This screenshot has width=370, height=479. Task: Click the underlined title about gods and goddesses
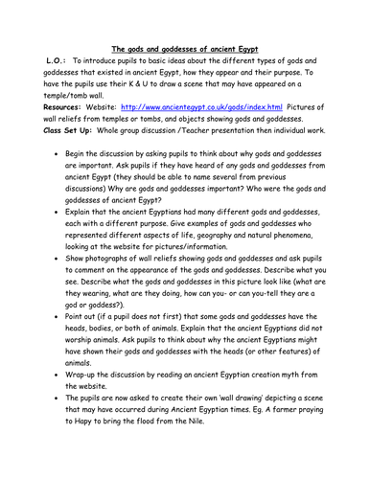pyautogui.click(x=184, y=47)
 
